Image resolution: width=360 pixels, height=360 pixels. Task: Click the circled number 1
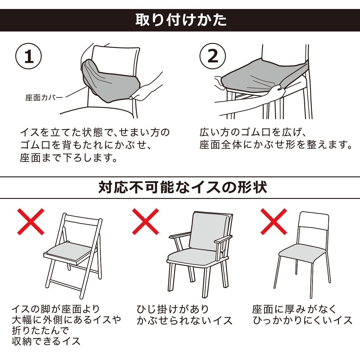pos(28,57)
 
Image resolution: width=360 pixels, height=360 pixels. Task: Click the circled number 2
pos(213,57)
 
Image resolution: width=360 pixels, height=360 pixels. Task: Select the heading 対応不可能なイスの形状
pos(182,187)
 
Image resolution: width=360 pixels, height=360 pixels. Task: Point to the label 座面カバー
pos(44,98)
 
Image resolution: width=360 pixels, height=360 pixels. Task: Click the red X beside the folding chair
pos(31,222)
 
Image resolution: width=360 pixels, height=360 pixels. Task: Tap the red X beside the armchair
pos(145,222)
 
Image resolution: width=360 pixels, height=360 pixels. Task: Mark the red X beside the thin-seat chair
pos(274,222)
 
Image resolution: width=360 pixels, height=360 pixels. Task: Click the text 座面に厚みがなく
pos(295,309)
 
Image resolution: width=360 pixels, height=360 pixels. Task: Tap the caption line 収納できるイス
pos(46,341)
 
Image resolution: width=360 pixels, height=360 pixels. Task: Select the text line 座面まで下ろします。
pos(69,157)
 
